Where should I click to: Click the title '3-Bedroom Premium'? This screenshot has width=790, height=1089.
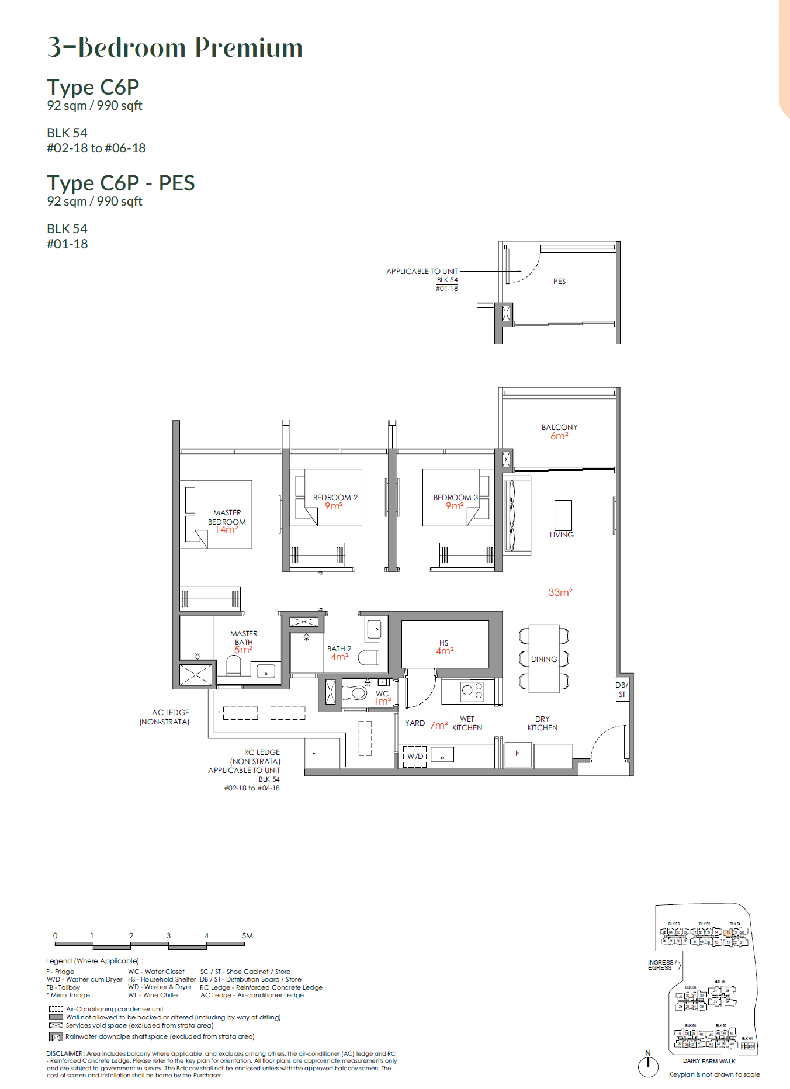coord(175,47)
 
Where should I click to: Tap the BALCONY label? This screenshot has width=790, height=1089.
coord(559,428)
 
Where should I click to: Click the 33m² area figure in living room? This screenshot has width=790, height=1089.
coord(560,592)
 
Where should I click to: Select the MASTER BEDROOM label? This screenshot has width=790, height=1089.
coord(227,517)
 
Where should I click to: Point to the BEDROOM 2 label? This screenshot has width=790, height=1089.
coord(335,498)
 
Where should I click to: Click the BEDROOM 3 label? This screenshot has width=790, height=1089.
coord(455,498)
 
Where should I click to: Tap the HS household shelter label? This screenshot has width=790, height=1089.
coord(444,643)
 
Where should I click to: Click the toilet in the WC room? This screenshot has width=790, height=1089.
coord(355,693)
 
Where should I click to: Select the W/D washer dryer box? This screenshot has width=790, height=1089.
coord(415,756)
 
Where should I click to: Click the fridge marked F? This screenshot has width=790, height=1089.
coord(517,754)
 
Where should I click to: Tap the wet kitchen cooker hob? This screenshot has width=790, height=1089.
coord(472,691)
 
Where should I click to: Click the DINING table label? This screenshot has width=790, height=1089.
coord(544,659)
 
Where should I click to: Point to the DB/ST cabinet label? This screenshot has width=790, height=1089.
coord(622,689)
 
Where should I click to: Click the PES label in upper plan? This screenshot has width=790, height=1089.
coord(559,281)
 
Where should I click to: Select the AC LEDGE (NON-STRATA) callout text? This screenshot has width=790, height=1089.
coord(165,717)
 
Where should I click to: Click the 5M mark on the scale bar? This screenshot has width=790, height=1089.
coord(247,935)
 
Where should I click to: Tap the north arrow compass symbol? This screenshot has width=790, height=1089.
coord(648,1066)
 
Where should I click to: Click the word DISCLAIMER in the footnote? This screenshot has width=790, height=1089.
coord(65,1053)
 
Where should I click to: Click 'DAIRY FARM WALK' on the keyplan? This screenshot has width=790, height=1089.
coord(709,1061)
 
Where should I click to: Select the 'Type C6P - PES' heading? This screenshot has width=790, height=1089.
coord(121,183)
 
